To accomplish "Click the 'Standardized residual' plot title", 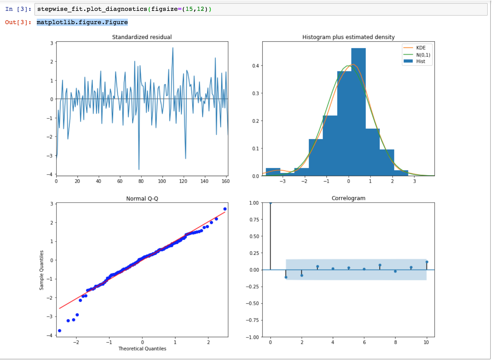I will (142, 37).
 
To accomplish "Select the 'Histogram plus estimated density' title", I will (348, 37).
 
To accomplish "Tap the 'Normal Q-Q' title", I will (142, 199).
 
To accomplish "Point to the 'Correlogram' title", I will (348, 198).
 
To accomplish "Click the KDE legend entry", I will (421, 48).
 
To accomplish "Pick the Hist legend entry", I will (421, 62).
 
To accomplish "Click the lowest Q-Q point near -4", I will (60, 331).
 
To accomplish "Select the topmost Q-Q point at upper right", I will (225, 209).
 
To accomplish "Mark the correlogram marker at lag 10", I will (427, 262).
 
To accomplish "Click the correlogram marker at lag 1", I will (286, 277).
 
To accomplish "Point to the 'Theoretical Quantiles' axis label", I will (142, 349).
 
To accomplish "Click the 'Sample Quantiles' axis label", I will (42, 270).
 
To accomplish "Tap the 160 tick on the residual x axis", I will (225, 181).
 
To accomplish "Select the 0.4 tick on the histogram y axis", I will (256, 66).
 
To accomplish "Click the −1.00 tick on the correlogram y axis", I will (252, 337).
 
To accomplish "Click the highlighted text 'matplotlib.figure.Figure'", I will (82, 22).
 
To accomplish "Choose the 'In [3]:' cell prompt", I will (18, 9).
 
